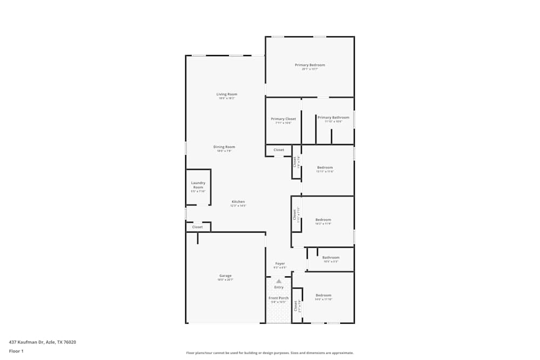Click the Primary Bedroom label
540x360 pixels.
310,65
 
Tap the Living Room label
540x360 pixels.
227,94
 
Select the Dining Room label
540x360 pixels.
225,147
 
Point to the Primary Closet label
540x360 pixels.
283,119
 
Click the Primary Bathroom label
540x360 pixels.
333,117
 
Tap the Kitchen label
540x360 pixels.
238,202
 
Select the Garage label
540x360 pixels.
225,276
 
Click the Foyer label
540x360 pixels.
280,263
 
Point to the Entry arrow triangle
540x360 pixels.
279,281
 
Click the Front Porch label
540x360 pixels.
279,298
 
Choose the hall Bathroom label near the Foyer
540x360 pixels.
331,257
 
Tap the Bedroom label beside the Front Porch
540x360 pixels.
323,295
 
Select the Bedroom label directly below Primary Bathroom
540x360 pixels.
325,167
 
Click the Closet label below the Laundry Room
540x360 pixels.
198,227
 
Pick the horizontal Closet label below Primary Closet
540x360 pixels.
279,150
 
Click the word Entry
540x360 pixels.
279,287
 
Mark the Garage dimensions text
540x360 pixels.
225,280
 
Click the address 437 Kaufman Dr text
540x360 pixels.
43,342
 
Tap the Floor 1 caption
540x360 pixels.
16,351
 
